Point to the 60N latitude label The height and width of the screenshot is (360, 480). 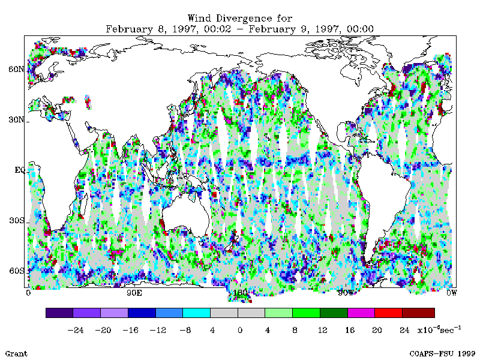(x=16, y=69)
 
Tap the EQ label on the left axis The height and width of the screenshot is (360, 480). (x=19, y=170)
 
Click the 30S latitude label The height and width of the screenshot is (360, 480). (x=16, y=220)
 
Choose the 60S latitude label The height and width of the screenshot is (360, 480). (x=16, y=271)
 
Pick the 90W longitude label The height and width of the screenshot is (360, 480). (x=345, y=293)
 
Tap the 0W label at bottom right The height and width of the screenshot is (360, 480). (x=451, y=293)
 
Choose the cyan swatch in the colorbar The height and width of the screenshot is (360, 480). (x=196, y=313)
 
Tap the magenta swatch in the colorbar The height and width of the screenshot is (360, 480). (x=361, y=313)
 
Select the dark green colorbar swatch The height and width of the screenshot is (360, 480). (x=334, y=313)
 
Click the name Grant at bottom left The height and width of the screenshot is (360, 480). (x=16, y=353)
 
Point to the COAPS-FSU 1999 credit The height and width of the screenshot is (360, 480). (x=442, y=353)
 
